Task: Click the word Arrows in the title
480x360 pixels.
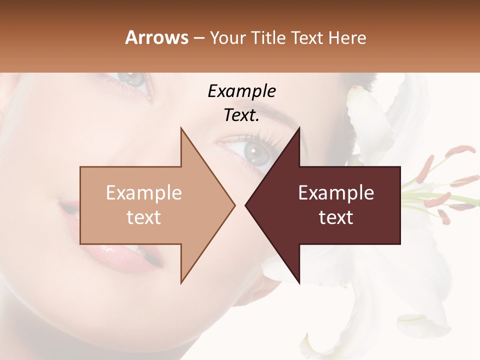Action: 156,37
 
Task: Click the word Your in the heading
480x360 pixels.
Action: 228,37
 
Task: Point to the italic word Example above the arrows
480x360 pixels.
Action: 241,91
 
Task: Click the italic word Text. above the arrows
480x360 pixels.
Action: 241,115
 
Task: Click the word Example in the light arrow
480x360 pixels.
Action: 144,193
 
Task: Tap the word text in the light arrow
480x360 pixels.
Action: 144,217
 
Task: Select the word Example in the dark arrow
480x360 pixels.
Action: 336,193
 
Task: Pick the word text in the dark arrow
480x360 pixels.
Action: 336,217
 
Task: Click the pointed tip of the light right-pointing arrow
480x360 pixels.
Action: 234,205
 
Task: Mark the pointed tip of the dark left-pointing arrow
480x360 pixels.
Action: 246,205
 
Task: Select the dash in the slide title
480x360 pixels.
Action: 198,38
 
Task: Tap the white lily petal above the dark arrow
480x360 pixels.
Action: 370,120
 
